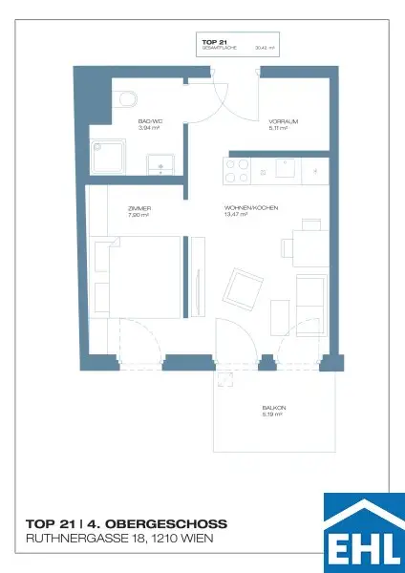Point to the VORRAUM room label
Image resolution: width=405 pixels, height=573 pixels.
284,122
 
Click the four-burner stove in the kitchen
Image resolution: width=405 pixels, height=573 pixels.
237,170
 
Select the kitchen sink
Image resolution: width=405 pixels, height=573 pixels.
285,168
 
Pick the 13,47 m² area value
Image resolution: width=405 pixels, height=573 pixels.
236,216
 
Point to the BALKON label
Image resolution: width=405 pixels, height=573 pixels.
274,409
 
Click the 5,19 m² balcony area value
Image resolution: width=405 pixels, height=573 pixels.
273,416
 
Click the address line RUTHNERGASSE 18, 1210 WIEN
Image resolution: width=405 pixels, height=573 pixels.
119,540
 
